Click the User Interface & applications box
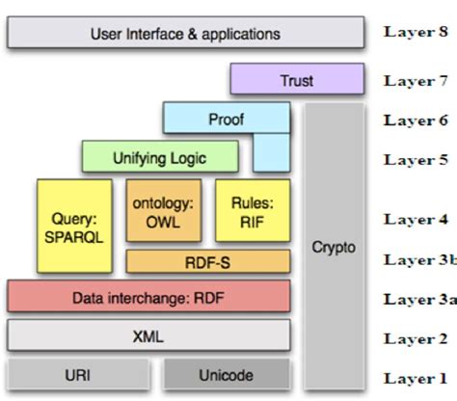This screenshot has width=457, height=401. coord(185,34)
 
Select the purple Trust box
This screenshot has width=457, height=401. coord(297,80)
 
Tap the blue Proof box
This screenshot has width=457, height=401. coord(226,119)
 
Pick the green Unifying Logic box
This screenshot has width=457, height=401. coord(159,155)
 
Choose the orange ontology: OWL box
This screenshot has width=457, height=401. coord(164,211)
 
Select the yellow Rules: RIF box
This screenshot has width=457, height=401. coord(252,211)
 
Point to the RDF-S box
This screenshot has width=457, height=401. coord(207,259)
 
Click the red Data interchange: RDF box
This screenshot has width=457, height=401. coord(148,297)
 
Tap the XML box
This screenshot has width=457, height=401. coord(148,336)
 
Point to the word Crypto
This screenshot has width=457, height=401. coord(334,248)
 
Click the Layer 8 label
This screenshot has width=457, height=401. coord(416,32)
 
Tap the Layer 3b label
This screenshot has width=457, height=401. coord(417,259)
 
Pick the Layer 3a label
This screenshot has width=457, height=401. coord(417,299)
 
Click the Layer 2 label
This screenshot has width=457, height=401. coord(416,338)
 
